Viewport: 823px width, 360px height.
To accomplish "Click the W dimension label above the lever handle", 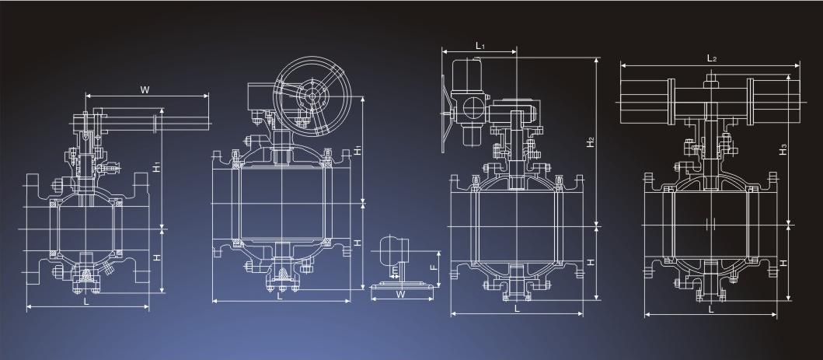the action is [x=145, y=89].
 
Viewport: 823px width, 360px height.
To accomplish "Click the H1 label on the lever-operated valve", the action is [x=157, y=167].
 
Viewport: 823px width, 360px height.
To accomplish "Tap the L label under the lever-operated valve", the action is [x=86, y=301].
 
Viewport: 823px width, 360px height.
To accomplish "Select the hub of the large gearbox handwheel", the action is [x=312, y=96].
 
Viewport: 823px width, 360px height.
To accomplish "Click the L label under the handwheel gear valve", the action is [x=280, y=296].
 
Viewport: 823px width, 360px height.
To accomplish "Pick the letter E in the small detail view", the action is [x=394, y=271].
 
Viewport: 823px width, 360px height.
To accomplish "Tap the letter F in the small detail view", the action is [x=434, y=266].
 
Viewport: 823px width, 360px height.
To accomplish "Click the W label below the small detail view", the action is [x=400, y=295].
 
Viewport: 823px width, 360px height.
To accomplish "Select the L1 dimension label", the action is [x=480, y=46].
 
